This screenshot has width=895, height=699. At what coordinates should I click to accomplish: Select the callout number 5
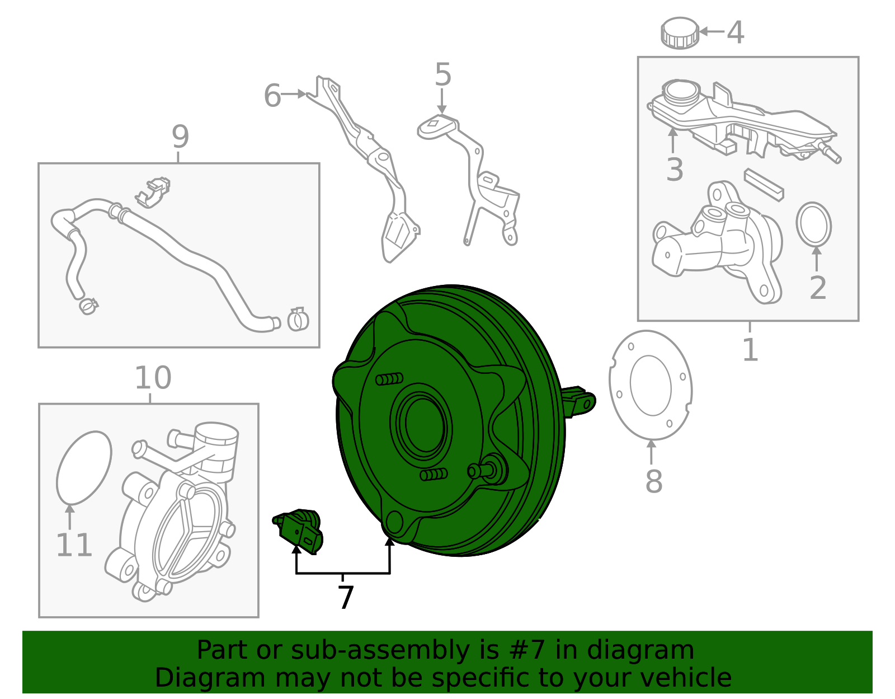pos(442,75)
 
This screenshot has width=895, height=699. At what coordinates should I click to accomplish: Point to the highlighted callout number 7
pos(346,598)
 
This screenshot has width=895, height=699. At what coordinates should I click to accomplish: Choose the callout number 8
pos(653,481)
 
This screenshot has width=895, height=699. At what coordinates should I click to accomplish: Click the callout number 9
pos(180,137)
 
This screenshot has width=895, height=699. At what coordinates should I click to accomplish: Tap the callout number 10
pos(153,378)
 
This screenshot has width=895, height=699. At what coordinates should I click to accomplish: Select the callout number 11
pos(74,545)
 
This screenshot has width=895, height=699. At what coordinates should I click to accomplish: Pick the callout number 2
pos(818,288)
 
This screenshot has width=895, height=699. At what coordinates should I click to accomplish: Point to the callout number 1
pos(750,350)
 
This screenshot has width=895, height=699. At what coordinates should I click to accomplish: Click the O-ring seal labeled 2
pos(813,224)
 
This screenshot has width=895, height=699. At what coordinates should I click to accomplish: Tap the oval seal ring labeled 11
pos(84,467)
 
